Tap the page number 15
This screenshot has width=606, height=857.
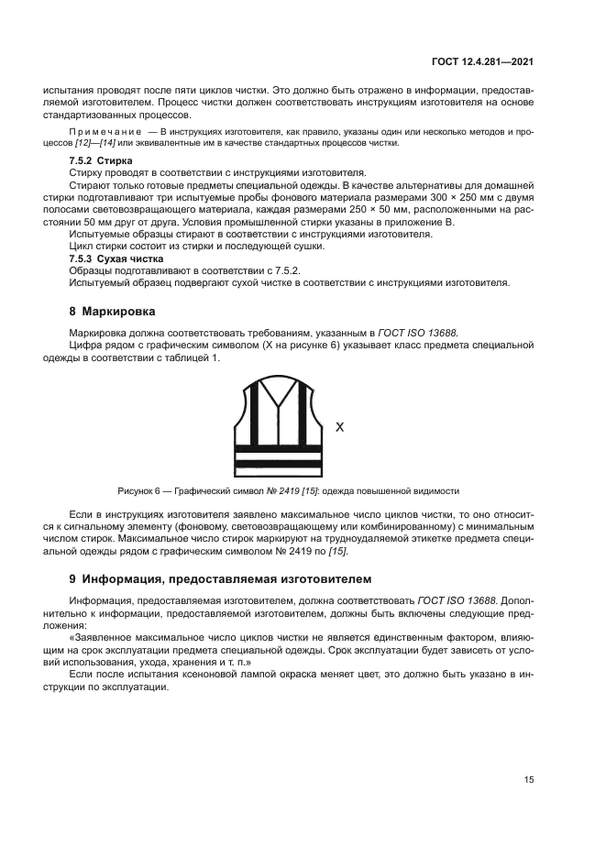[x=529, y=779]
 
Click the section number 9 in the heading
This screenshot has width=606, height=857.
[x=73, y=578]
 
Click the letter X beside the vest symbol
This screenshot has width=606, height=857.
[x=339, y=426]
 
